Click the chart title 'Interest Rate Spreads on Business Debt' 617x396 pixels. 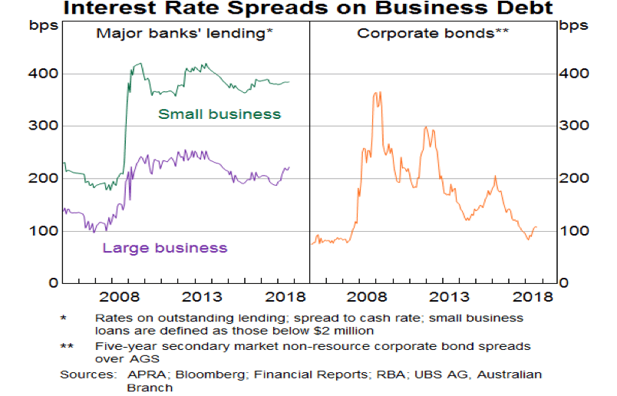pyautogui.click(x=309, y=9)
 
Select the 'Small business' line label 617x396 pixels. pyautogui.click(x=219, y=114)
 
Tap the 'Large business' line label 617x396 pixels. pyautogui.click(x=165, y=248)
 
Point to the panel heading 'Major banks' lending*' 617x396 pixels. pyautogui.click(x=183, y=34)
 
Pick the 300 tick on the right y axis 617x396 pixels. pyautogui.click(x=575, y=126)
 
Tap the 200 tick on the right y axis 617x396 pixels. pyautogui.click(x=575, y=179)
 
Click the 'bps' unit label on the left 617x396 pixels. pyautogui.click(x=42, y=25)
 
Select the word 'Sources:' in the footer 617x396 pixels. pyautogui.click(x=84, y=375)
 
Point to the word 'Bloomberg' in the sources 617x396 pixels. pyautogui.click(x=184, y=375)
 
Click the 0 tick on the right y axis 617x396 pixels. pyautogui.click(x=566, y=283)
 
